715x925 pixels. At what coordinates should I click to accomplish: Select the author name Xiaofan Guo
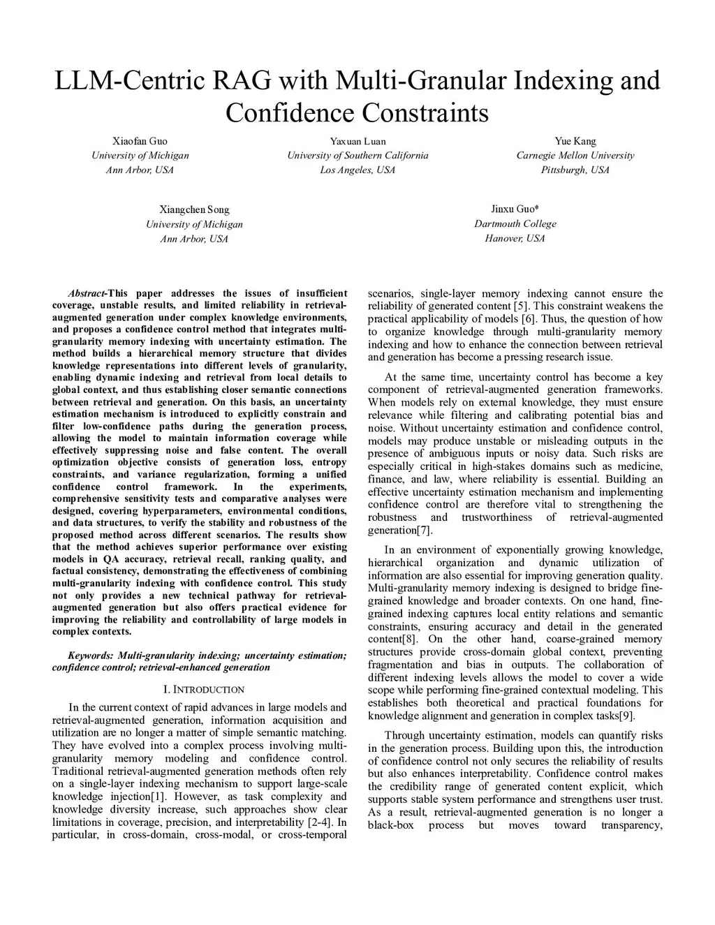click(140, 141)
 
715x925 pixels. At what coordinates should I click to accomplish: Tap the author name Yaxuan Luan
click(357, 141)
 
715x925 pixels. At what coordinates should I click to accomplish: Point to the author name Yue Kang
click(575, 141)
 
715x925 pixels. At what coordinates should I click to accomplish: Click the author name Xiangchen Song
click(194, 209)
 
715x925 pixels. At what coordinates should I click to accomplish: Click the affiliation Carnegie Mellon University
click(575, 155)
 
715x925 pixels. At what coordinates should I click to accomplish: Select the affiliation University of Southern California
click(357, 155)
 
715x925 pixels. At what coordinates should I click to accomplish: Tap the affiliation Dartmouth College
click(515, 223)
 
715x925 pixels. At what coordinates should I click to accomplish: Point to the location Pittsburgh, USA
click(575, 170)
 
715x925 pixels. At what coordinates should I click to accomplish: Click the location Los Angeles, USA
click(357, 170)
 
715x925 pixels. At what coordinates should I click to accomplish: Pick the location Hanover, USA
click(515, 238)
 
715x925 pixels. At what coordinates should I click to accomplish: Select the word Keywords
click(90, 656)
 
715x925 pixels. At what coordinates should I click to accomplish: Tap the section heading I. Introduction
click(199, 690)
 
